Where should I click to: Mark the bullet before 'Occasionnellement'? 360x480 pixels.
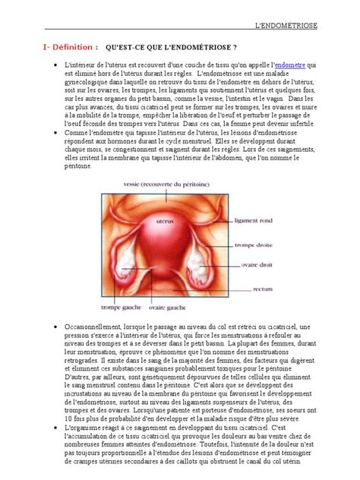pos(58,326)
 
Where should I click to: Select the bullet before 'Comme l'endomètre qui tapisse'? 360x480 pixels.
pos(58,132)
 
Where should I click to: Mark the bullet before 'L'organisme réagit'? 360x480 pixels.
pos(58,428)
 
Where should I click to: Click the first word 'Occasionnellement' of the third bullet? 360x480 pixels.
pos(94,326)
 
